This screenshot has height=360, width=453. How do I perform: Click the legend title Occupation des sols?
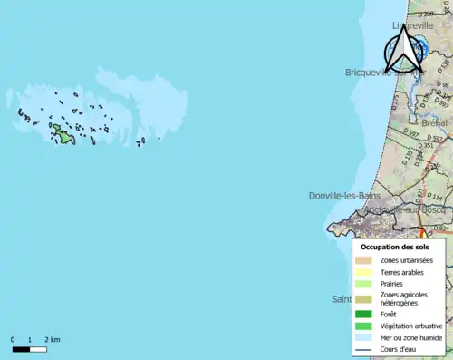click(401, 247)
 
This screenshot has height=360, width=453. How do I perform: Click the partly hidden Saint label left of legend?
click(341, 298)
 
